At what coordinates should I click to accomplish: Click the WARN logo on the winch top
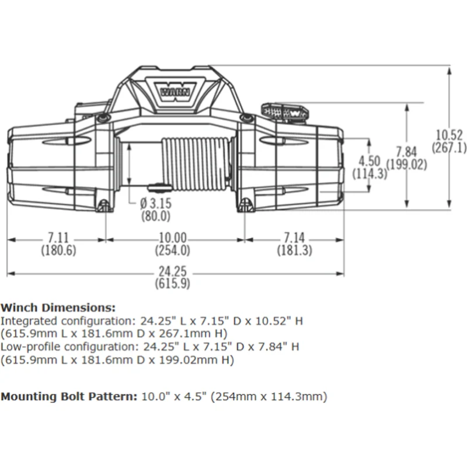click(x=176, y=92)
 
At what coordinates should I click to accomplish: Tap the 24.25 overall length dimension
click(x=172, y=271)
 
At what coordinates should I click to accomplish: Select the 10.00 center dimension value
click(x=172, y=238)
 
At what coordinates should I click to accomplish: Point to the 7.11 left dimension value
click(x=58, y=238)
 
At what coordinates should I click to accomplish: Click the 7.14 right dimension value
click(x=294, y=238)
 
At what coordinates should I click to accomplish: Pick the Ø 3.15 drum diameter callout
click(x=156, y=203)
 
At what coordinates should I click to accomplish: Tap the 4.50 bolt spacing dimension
click(x=370, y=161)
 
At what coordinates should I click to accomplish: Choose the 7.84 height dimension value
click(x=406, y=152)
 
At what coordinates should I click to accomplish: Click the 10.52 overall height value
click(x=449, y=135)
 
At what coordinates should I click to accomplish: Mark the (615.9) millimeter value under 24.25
click(x=172, y=283)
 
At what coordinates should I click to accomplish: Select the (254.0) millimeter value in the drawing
click(x=172, y=250)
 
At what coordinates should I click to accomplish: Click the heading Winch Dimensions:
click(x=58, y=308)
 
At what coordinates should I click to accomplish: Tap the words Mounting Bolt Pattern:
click(x=69, y=397)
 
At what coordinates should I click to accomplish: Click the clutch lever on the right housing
click(x=285, y=112)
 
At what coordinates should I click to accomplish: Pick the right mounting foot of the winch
click(x=245, y=205)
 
